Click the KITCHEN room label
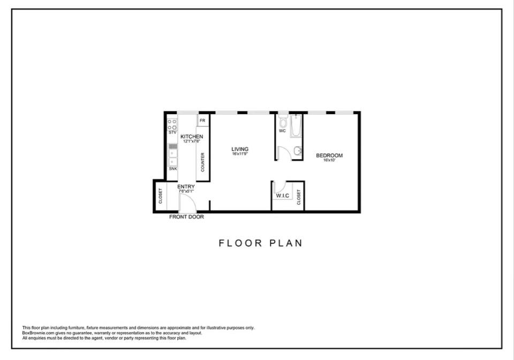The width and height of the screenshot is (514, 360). [x=191, y=137]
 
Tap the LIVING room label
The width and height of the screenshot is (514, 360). [x=240, y=149]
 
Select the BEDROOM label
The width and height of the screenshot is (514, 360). [x=329, y=155]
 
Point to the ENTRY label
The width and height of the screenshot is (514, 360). [x=186, y=186]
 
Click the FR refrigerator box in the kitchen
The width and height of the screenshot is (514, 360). [x=202, y=121]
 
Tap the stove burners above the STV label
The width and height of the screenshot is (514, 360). [x=172, y=124]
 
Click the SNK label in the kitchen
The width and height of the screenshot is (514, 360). [x=172, y=169]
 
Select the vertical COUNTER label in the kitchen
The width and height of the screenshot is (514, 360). [x=202, y=162]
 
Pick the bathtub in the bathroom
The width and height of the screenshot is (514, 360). [x=296, y=125]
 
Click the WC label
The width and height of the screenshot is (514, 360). [x=283, y=131]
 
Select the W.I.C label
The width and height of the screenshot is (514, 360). [x=282, y=196]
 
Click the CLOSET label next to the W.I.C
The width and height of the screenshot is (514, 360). [x=299, y=197]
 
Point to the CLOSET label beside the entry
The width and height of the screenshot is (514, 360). [x=160, y=196]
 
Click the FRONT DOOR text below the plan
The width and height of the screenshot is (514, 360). [x=186, y=217]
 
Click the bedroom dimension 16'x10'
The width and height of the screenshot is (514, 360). [x=329, y=160]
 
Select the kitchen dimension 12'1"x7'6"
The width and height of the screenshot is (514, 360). [x=191, y=141]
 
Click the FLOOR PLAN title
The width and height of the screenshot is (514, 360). [x=261, y=243]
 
